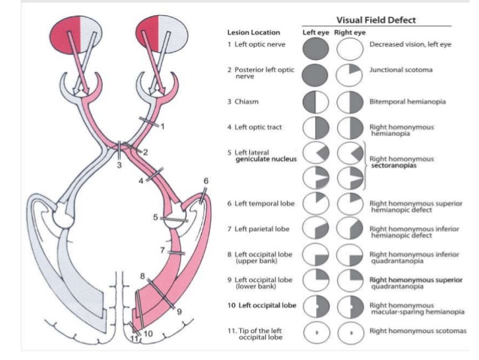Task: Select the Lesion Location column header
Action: pos(253,33)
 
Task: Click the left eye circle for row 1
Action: pos(314,48)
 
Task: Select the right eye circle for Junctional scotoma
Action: pos(348,74)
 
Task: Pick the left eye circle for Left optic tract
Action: pos(314,127)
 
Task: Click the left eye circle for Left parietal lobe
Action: pos(314,229)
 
